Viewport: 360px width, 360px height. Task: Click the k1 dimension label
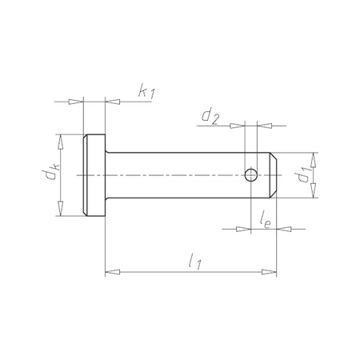pyautogui.click(x=146, y=93)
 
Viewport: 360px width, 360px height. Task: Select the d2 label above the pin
pyautogui.click(x=210, y=117)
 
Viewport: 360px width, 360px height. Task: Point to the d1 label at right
pyautogui.click(x=302, y=175)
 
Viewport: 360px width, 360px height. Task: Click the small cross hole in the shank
pyautogui.click(x=251, y=174)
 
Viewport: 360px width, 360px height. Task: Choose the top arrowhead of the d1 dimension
pyautogui.click(x=313, y=158)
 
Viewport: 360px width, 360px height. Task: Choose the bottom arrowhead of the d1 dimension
pyautogui.click(x=313, y=192)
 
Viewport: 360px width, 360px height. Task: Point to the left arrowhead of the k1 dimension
pyautogui.click(x=77, y=102)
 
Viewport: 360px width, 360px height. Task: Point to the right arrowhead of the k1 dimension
pyautogui.click(x=112, y=102)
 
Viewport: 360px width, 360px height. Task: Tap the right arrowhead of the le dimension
pyautogui.click(x=284, y=228)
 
